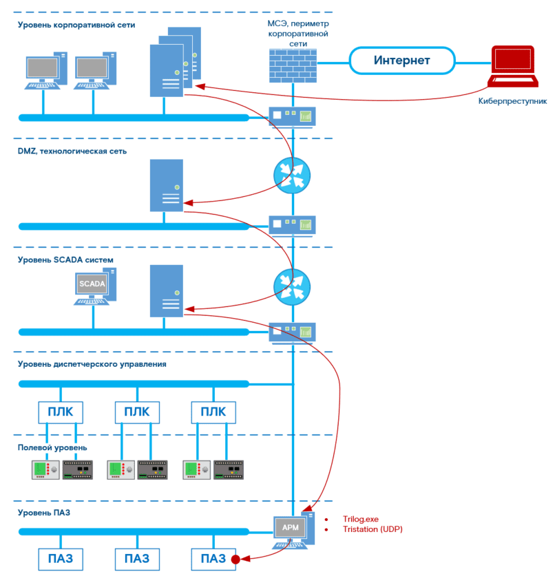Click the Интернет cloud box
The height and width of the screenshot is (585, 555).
401,61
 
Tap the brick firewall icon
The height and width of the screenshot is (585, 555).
293,66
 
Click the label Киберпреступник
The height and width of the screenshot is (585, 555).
512,101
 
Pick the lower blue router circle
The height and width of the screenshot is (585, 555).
292,286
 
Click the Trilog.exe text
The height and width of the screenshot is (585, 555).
361,519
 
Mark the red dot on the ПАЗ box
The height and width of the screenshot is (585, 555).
235,559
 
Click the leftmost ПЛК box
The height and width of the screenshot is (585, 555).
61,412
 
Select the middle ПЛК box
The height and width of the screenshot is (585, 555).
136,412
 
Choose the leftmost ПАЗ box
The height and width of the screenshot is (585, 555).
61,559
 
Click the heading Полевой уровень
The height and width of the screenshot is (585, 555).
52,448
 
